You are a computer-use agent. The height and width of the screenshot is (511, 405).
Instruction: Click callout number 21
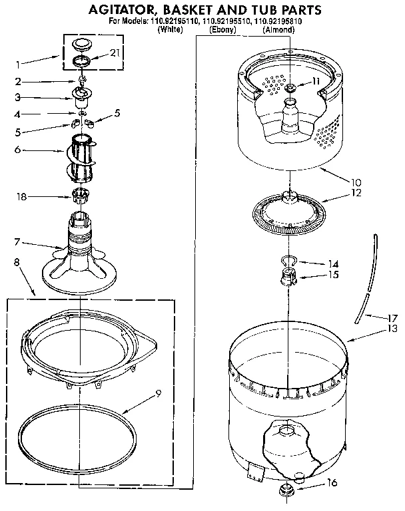tap(115, 53)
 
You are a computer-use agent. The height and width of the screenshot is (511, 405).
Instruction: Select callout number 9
tap(158, 393)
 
